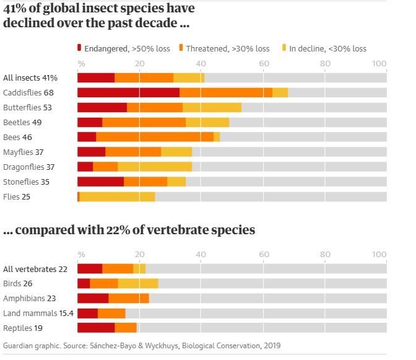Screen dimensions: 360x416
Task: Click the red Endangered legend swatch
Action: (79, 48)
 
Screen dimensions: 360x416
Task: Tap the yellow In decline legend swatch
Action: (285, 48)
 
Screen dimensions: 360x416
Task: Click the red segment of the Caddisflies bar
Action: (128, 92)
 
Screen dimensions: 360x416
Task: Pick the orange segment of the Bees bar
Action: (155, 137)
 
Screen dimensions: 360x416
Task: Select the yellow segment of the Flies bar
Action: (117, 196)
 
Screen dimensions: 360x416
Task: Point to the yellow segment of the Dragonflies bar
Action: (155, 167)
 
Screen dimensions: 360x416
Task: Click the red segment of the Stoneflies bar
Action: (100, 182)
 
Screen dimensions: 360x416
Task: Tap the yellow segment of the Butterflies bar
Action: (212, 107)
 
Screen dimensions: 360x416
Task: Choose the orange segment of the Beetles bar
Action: (144, 122)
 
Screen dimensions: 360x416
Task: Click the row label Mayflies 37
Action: (23, 152)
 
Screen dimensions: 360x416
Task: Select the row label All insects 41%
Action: (30, 77)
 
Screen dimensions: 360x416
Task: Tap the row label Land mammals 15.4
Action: (38, 313)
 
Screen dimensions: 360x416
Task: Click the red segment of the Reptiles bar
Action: (96, 328)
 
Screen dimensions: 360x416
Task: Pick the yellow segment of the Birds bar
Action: (138, 283)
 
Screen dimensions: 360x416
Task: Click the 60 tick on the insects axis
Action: (263, 63)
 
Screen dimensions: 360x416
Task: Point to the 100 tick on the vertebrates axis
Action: (379, 254)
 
